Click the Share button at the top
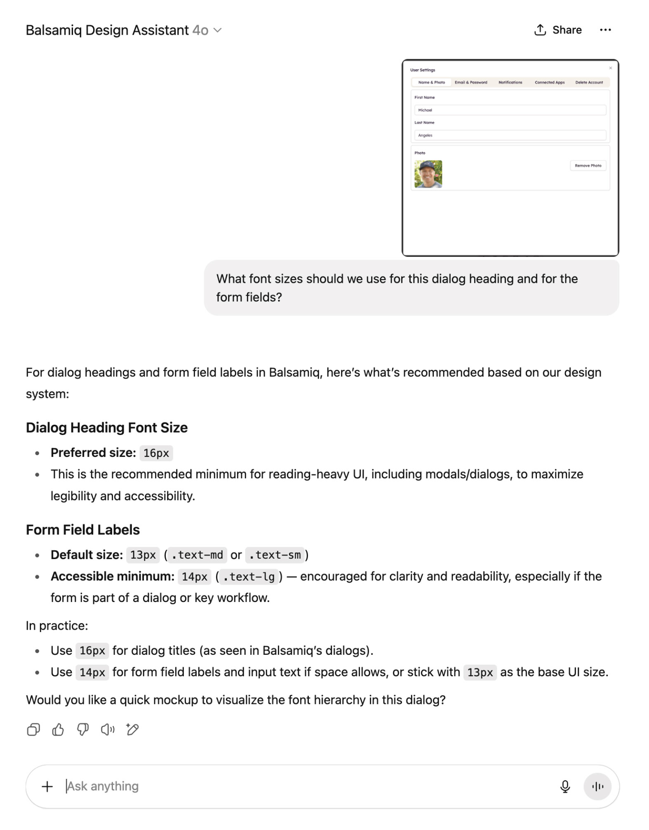558,30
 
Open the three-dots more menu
605,30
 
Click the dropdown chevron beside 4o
218,30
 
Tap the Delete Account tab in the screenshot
589,82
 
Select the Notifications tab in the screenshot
510,82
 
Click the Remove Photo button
588,165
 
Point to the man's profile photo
428,174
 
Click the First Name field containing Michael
510,110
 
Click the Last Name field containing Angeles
510,135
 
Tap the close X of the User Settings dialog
610,68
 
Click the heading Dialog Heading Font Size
106,428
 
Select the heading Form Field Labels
82,530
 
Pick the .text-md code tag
197,555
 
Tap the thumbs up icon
58,730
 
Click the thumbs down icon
83,730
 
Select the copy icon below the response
33,730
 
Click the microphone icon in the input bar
565,787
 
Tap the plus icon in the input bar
47,787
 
